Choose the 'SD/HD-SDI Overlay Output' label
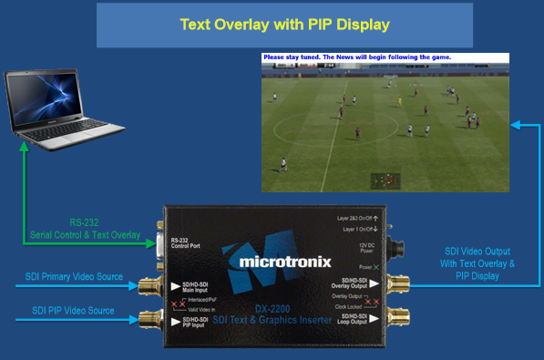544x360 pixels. (353, 283)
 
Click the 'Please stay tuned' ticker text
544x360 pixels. (356, 57)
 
